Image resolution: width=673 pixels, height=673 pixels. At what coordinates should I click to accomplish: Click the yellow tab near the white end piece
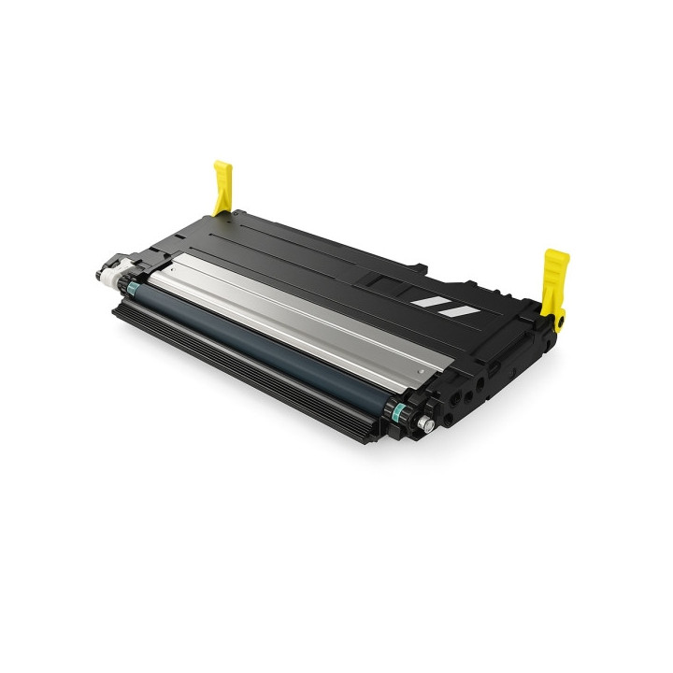pyautogui.click(x=222, y=186)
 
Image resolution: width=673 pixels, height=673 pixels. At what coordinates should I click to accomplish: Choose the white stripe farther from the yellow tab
pyautogui.click(x=428, y=301)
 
